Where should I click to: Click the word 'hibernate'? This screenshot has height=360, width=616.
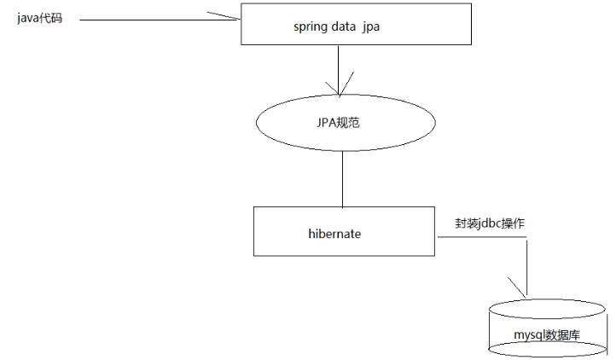coord(334,232)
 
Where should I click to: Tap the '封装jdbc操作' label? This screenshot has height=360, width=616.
coord(490,222)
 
